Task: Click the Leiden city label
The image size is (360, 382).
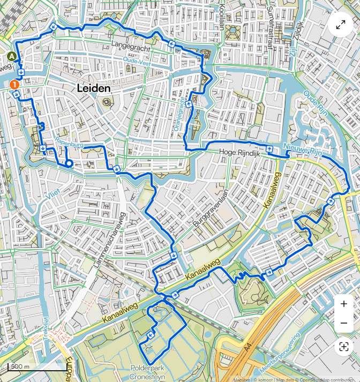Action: pyautogui.click(x=94, y=88)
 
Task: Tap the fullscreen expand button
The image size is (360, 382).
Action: pyautogui.click(x=341, y=25)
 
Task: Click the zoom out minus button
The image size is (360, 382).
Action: pyautogui.click(x=343, y=324)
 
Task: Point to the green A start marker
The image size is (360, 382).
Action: pyautogui.click(x=12, y=56)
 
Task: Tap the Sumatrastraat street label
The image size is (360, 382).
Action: pyautogui.click(x=271, y=19)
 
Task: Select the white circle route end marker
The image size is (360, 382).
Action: pyautogui.click(x=69, y=163)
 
